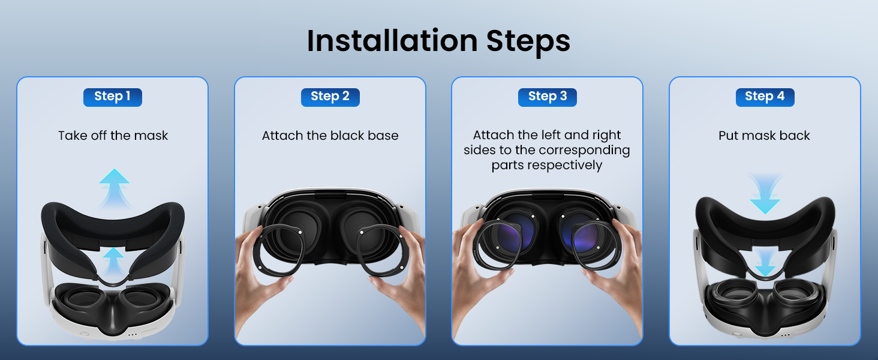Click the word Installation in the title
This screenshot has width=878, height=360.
[392, 41]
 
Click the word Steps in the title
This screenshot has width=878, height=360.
[528, 43]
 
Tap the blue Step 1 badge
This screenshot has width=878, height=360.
[113, 97]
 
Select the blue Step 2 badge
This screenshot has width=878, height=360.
[330, 97]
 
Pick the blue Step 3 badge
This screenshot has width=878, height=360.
[547, 97]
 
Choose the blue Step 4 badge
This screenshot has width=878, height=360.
[765, 97]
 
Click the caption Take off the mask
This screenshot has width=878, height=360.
[113, 136]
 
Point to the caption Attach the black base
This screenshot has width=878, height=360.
[330, 136]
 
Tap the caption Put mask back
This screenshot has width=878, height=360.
[764, 136]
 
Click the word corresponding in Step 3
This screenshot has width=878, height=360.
[578, 151]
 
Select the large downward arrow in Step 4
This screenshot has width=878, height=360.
[765, 193]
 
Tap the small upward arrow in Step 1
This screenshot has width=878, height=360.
[113, 261]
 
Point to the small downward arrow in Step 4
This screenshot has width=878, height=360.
[765, 263]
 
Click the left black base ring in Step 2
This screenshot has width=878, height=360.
[259, 251]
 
